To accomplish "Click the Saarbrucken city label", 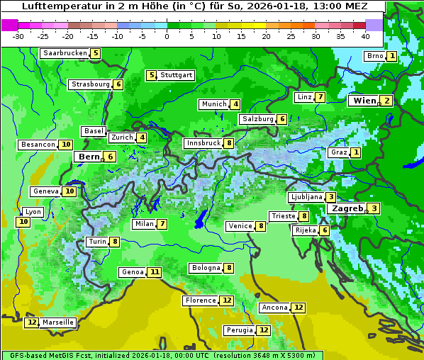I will point(65,53).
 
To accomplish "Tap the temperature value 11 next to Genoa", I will point(155,272).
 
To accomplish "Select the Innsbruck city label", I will point(203,143).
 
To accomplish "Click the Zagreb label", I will point(347,208).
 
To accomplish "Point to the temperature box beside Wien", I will point(387,101).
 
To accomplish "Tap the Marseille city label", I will point(58,322).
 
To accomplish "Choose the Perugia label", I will point(239,330).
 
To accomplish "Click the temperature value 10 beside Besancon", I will point(66,145).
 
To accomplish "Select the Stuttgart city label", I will point(176,75).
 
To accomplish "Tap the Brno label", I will point(374,56).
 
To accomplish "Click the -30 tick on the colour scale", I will point(18,35).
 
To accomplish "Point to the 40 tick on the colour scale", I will point(365,35).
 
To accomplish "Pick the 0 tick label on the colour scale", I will point(167,35).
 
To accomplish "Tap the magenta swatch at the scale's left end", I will point(9,24).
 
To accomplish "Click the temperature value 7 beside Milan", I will point(162,224).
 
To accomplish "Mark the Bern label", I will point(89,157).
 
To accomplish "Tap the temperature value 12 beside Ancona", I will point(299,308).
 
